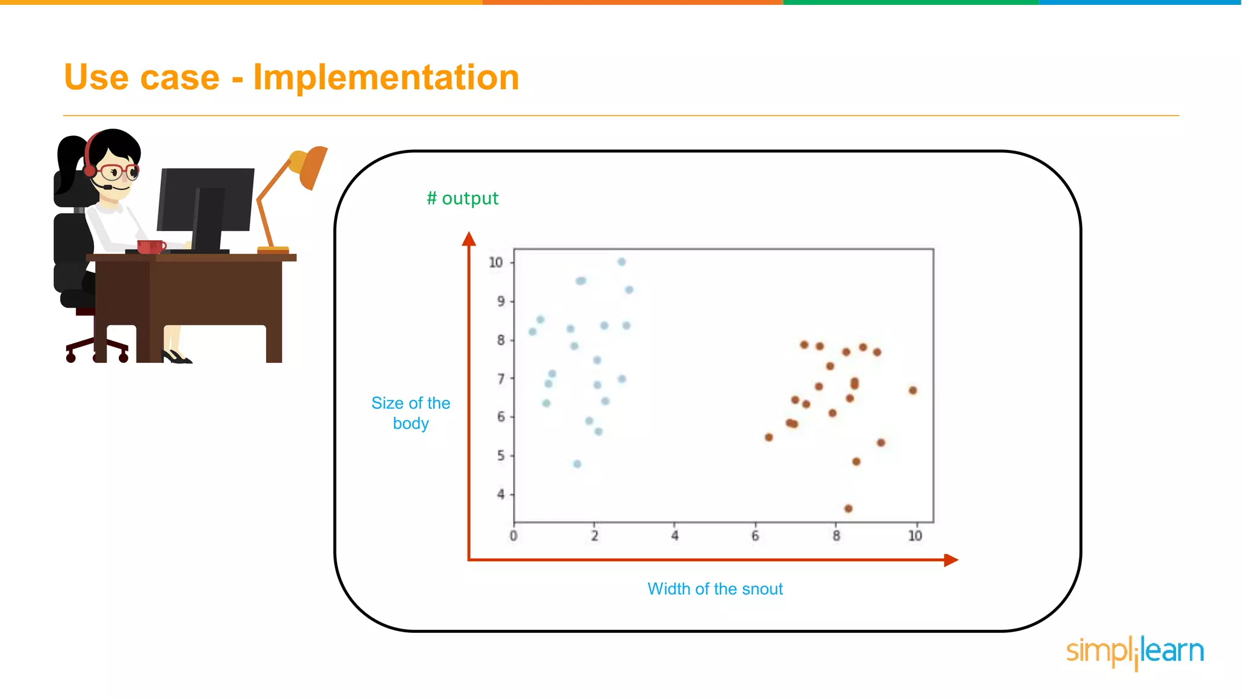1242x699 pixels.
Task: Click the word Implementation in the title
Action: click(x=386, y=78)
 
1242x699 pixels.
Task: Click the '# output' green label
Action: click(x=462, y=198)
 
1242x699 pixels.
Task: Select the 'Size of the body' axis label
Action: click(x=411, y=413)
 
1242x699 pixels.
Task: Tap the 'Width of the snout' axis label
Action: click(x=714, y=589)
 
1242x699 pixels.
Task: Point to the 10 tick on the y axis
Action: click(x=495, y=262)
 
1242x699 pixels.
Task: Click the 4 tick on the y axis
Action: click(x=500, y=494)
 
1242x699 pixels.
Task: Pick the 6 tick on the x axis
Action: click(x=755, y=536)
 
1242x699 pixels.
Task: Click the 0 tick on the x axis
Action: click(x=514, y=536)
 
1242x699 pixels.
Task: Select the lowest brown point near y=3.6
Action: click(x=848, y=508)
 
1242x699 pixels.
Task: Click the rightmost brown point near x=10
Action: click(x=913, y=390)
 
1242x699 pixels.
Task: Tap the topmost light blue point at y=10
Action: click(x=622, y=262)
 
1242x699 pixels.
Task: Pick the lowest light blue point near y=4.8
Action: click(x=577, y=464)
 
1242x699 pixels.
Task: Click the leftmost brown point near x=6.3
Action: click(x=768, y=437)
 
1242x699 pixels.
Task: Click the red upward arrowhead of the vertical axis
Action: click(x=469, y=239)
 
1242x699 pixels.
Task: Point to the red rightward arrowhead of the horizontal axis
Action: click(x=950, y=560)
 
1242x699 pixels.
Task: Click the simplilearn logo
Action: click(x=1135, y=652)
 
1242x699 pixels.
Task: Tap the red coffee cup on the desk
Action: click(x=150, y=246)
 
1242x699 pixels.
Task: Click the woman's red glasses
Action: click(x=118, y=171)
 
